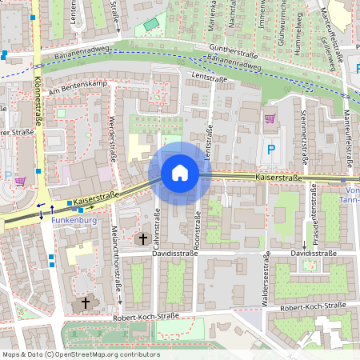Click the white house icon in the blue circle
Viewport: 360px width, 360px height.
pyautogui.click(x=180, y=173)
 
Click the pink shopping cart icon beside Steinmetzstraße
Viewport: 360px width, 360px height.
pyautogui.click(x=270, y=119)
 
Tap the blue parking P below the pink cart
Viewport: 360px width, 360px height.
pyautogui.click(x=271, y=149)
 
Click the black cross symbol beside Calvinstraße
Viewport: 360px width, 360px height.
pyautogui.click(x=143, y=238)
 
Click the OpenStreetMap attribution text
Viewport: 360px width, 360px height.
pyautogui.click(x=81, y=354)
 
